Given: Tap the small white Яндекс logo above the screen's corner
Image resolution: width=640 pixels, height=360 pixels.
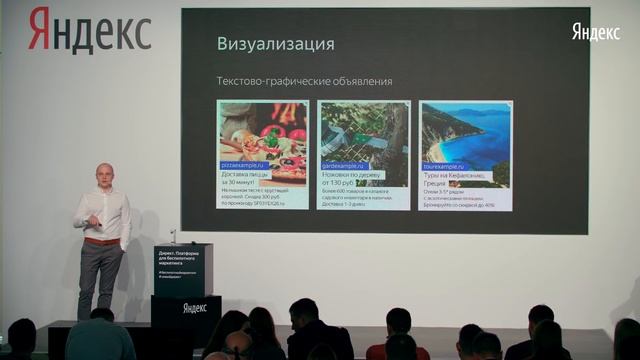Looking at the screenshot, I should (596, 32).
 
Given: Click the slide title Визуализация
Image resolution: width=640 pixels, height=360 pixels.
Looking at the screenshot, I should (275, 44).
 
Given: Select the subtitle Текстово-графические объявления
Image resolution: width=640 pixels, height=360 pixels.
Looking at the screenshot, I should (304, 81).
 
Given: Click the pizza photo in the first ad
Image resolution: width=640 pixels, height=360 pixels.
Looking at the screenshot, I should (263, 130).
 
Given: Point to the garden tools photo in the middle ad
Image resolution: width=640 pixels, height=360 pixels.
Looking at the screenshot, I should (363, 130).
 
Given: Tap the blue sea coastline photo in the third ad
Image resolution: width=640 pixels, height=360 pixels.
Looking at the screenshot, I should (465, 130).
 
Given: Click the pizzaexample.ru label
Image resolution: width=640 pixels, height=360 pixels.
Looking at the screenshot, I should (243, 165).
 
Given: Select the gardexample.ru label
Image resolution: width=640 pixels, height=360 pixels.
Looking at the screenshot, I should (344, 165).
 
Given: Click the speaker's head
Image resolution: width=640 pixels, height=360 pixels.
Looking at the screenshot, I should (104, 174).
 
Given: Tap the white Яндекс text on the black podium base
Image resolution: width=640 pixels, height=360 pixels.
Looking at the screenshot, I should (194, 308).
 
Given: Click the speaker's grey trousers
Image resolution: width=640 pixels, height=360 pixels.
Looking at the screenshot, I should (99, 275).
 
